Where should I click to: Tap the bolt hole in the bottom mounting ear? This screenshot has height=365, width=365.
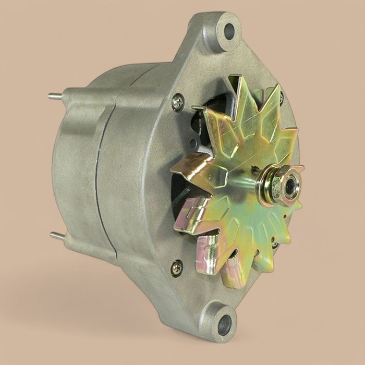(224, 324)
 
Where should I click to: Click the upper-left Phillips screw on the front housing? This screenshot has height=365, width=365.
(178, 102)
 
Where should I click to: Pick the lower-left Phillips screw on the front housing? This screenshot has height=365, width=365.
(177, 268)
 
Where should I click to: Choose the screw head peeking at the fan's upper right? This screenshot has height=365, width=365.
(282, 96)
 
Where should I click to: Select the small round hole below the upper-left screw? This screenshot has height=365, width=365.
(193, 142)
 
